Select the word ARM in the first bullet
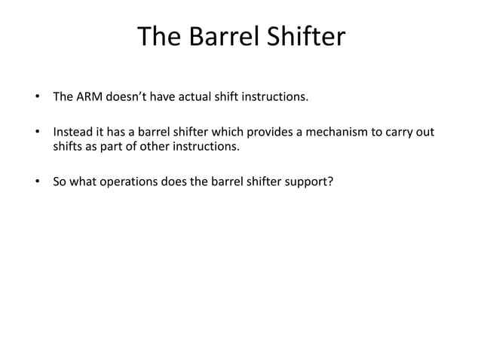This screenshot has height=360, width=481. (89, 97)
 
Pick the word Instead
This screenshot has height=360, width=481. (72, 133)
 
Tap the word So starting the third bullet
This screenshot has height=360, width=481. (60, 182)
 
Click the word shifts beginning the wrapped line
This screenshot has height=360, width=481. (68, 146)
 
